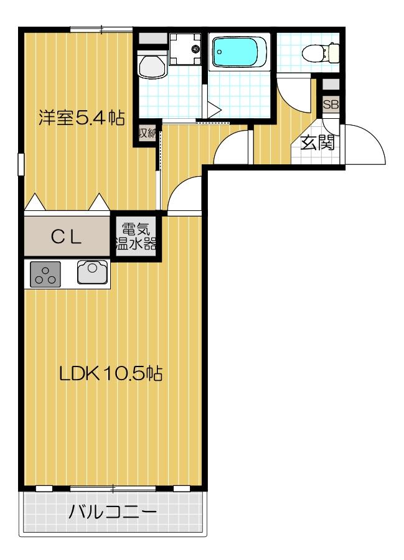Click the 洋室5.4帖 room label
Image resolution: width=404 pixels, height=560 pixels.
[x=81, y=117]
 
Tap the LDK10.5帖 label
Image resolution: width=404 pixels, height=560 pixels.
[x=111, y=373]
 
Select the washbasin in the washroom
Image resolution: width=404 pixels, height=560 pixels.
[x=151, y=65]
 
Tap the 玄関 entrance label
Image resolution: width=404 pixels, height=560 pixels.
[x=317, y=143]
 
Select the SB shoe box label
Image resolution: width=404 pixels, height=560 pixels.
[x=331, y=105]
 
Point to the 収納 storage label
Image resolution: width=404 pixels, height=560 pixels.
[x=147, y=133]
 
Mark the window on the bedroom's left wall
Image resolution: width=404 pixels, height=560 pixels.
[x=21, y=167]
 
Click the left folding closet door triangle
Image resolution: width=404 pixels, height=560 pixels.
[x=35, y=202]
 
